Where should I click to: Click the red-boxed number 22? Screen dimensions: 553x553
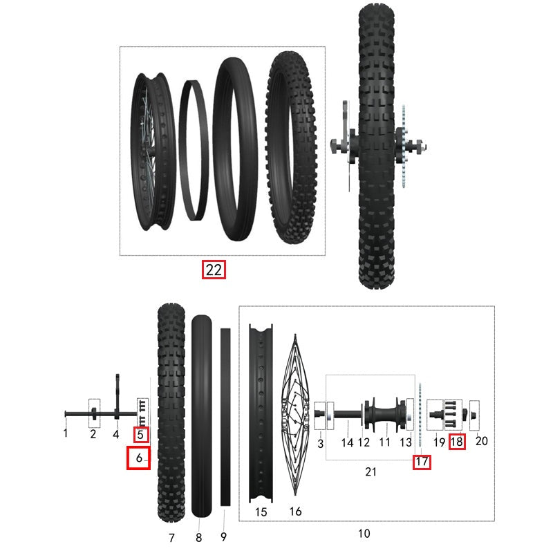214,270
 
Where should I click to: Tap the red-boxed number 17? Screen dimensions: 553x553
422,462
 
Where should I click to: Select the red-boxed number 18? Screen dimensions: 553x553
456,441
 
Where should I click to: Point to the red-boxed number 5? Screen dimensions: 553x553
141,435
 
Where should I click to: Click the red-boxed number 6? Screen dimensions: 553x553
138,458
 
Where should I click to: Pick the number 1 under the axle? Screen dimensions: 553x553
66,433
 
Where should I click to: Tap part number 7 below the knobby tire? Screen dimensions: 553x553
171,537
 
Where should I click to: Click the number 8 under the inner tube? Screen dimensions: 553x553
199,537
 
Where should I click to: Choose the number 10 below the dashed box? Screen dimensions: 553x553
364,533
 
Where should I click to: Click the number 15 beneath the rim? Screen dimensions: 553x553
261,512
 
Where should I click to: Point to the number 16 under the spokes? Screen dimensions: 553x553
295,512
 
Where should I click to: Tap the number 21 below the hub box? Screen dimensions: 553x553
371,472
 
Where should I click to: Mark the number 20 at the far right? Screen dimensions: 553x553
482,441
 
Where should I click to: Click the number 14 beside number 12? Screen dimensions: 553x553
348,442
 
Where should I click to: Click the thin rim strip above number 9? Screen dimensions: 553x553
225,415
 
